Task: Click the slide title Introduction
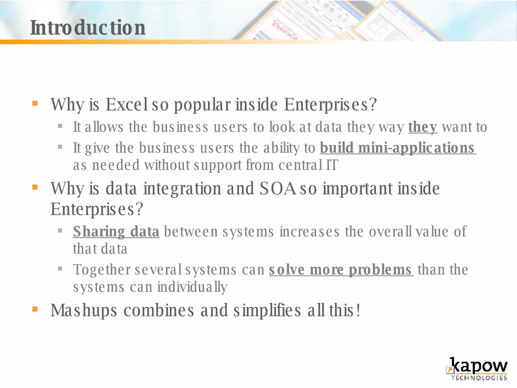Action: click(x=88, y=28)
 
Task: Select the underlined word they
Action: click(x=423, y=127)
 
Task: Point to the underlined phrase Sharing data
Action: click(x=116, y=231)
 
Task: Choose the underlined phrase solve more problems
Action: click(x=341, y=270)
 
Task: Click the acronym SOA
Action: click(x=277, y=188)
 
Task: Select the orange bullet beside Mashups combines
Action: click(x=35, y=309)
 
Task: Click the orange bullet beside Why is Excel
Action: click(x=35, y=103)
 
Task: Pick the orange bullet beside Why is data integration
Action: click(x=35, y=187)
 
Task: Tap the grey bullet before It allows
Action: click(x=60, y=126)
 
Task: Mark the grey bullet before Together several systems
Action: click(x=60, y=269)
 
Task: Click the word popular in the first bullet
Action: click(x=202, y=105)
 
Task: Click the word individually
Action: click(x=192, y=287)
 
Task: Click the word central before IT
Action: click(x=300, y=165)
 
